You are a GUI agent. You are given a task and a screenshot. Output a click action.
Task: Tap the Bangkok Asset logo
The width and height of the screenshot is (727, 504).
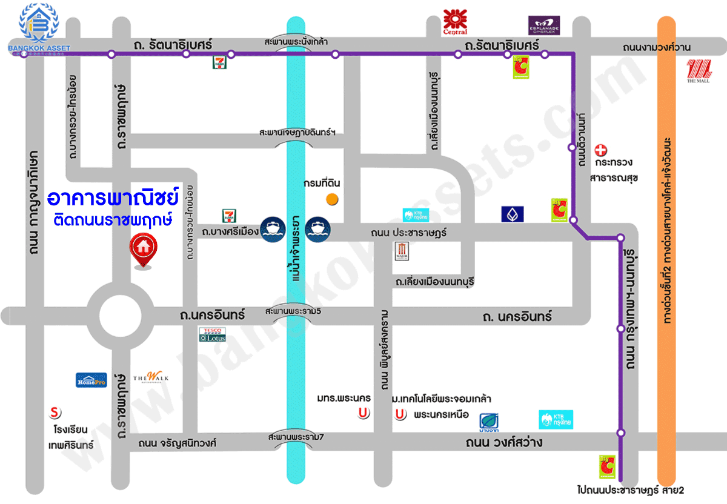click(39, 28)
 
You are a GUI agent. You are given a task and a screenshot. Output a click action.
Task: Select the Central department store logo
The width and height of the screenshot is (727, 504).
click(456, 22)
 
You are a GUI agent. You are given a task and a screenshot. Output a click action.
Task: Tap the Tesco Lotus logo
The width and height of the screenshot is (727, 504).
click(213, 336)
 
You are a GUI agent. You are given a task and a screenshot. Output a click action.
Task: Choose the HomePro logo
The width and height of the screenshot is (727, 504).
click(91, 380)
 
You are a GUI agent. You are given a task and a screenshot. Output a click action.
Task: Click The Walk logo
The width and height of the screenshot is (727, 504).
click(151, 377)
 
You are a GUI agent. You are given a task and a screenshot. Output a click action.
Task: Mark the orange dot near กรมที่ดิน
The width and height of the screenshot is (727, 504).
click(331, 198)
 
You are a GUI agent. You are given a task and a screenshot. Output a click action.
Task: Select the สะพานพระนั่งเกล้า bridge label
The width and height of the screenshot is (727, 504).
click(296, 42)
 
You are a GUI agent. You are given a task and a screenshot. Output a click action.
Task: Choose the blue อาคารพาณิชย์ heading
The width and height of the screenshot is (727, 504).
click(113, 197)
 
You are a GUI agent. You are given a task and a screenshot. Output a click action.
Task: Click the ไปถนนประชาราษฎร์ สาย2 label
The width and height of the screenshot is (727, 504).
click(630, 489)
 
